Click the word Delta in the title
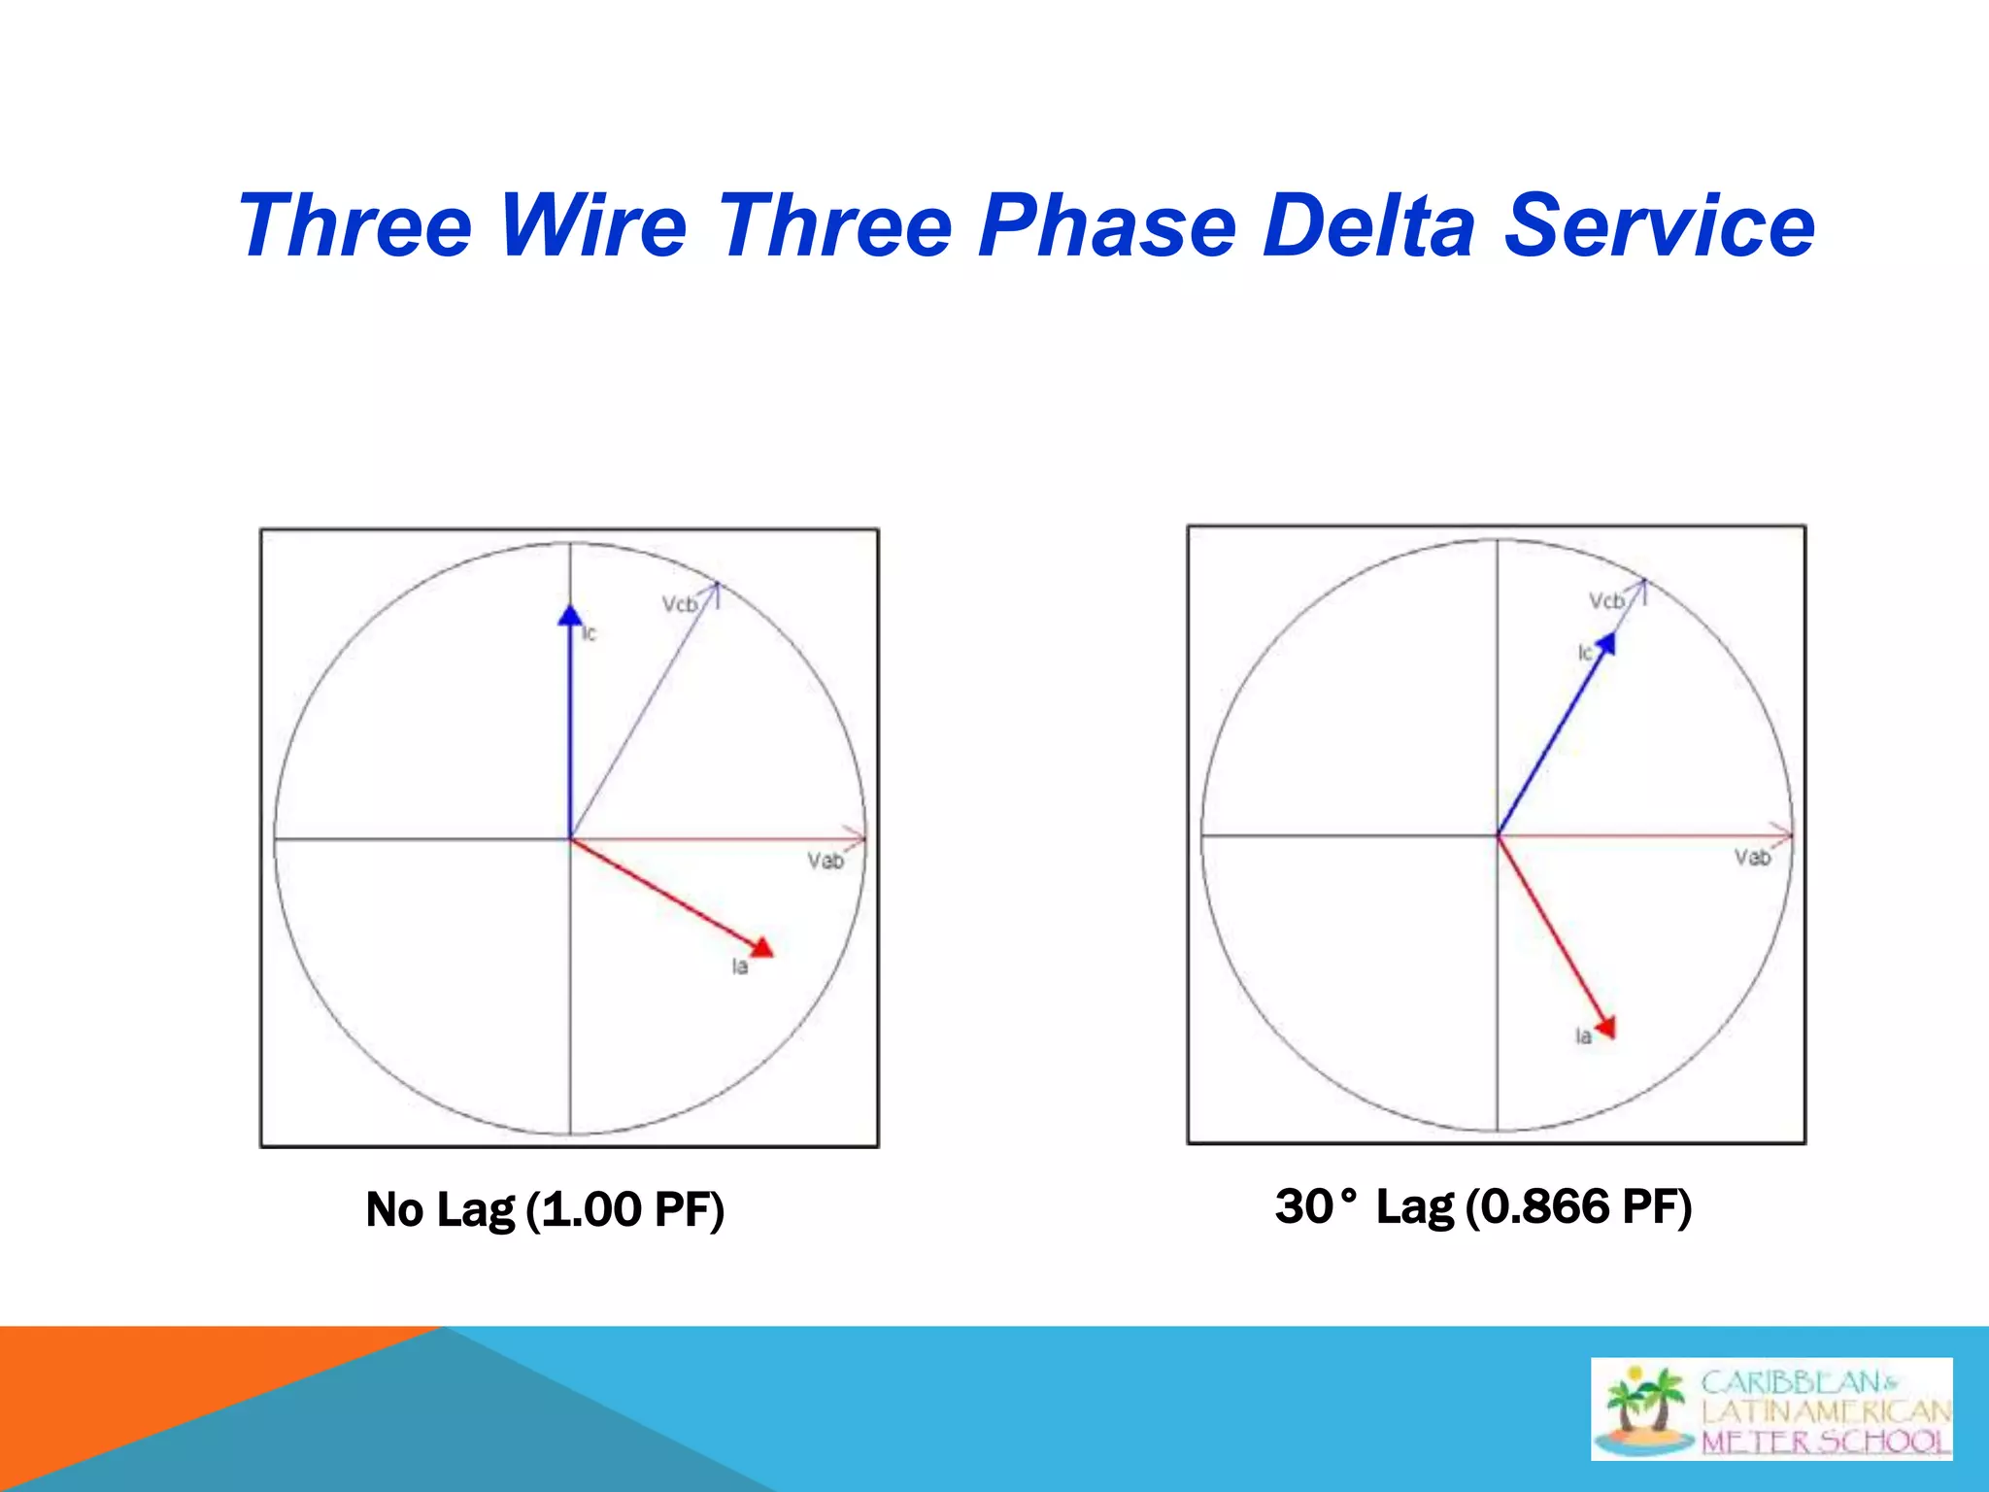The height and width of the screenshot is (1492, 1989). tap(1368, 225)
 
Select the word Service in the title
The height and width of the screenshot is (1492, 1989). tap(1659, 225)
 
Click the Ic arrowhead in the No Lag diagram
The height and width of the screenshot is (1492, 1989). tap(570, 616)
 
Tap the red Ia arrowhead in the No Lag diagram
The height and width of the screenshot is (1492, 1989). tap(762, 947)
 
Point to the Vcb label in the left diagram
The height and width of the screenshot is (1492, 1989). tap(679, 604)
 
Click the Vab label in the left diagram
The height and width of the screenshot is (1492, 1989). tap(825, 861)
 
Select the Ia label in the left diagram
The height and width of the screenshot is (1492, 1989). tap(740, 966)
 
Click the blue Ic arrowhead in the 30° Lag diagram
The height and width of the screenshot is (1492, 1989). tap(1605, 643)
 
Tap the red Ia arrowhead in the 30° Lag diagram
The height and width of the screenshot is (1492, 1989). tap(1606, 1027)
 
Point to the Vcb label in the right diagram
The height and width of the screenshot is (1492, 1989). tap(1606, 601)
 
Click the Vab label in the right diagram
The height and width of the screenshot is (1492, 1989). tap(1752, 857)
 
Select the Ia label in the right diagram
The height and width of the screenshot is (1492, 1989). tap(1583, 1036)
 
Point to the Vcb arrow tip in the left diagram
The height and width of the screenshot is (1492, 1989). tap(717, 584)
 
